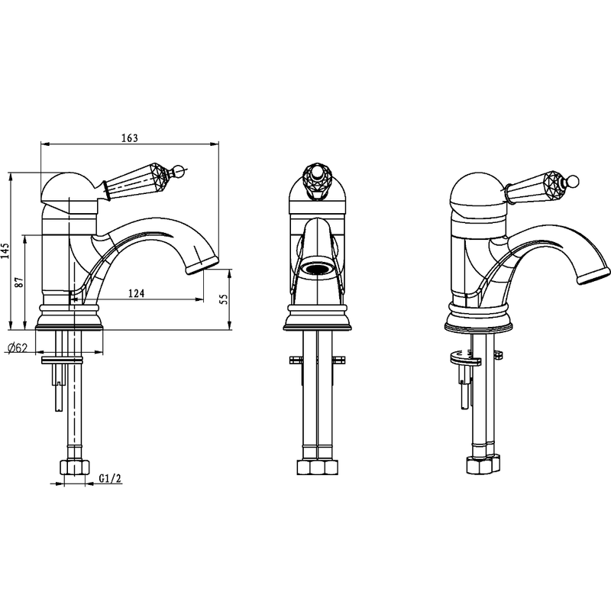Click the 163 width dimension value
[x=130, y=138]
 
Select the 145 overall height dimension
[x=5, y=251]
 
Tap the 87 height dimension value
[x=18, y=282]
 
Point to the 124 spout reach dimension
[x=137, y=293]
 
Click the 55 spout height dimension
[x=224, y=299]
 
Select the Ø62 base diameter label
[x=18, y=348]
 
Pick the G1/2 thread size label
[x=110, y=478]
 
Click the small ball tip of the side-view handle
[x=178, y=170]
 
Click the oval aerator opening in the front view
[x=318, y=269]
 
